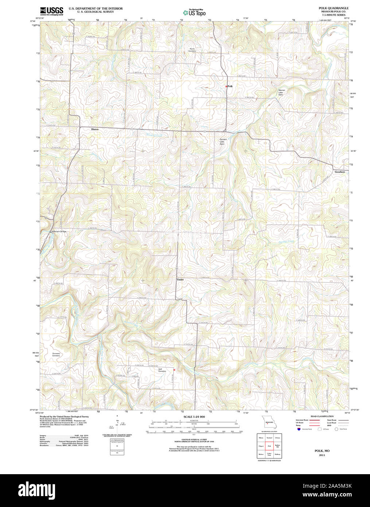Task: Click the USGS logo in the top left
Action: pyautogui.click(x=51, y=11)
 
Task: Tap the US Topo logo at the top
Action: pyautogui.click(x=194, y=12)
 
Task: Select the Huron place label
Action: pyautogui.click(x=95, y=129)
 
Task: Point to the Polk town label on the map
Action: pyautogui.click(x=230, y=86)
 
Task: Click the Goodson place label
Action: pyautogui.click(x=340, y=171)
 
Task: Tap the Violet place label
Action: pyautogui.click(x=180, y=280)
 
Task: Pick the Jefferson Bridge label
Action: pyautogui.click(x=59, y=231)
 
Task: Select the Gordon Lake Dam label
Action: pyautogui.click(x=223, y=142)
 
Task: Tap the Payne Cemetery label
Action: pyautogui.click(x=192, y=50)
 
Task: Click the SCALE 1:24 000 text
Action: pyautogui.click(x=194, y=417)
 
